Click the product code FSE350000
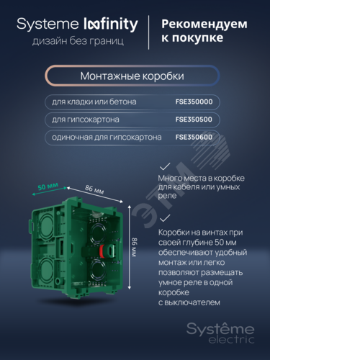(194, 102)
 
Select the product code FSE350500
(194, 120)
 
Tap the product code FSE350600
(194, 138)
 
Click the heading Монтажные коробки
(132, 76)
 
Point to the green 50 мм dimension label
(48, 186)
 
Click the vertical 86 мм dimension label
(135, 247)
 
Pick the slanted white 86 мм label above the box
(94, 189)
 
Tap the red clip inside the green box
(102, 251)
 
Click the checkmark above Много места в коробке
(165, 166)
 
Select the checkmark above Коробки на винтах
(165, 218)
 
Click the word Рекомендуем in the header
(204, 24)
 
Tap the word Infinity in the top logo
(111, 24)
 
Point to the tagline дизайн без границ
(78, 41)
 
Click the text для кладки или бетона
(94, 102)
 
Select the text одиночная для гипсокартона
(107, 138)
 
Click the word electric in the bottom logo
(231, 340)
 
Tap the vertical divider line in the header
(149, 32)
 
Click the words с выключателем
(189, 302)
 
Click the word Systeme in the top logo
(48, 24)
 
